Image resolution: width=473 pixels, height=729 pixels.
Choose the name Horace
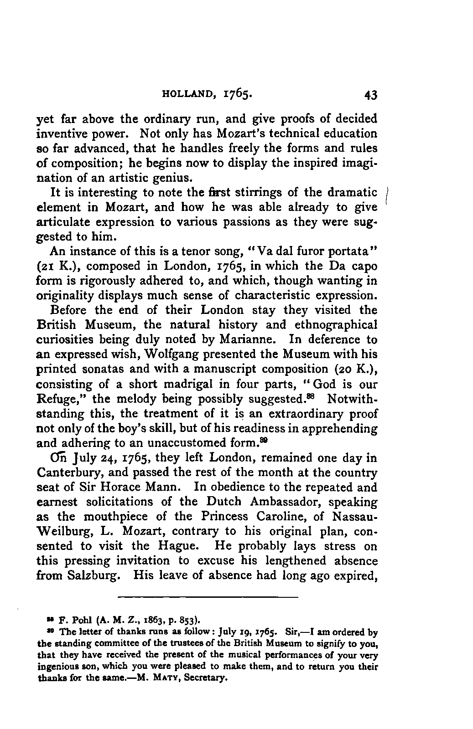[129, 488]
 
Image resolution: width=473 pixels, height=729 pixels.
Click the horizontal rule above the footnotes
[208, 597]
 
